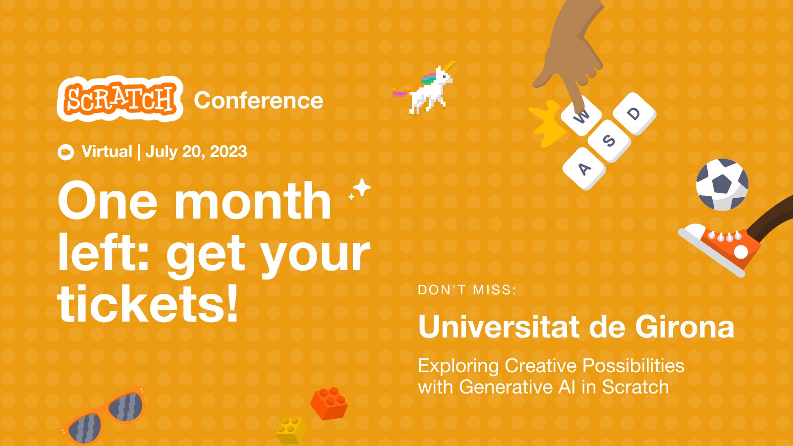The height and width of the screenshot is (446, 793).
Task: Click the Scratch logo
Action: pyautogui.click(x=120, y=99)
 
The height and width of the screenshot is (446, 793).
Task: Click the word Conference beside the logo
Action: pyautogui.click(x=258, y=101)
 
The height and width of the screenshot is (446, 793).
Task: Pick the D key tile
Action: pyautogui.click(x=634, y=113)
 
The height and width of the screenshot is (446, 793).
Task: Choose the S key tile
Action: pyautogui.click(x=609, y=140)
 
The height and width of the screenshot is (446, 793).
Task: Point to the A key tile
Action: pyautogui.click(x=584, y=168)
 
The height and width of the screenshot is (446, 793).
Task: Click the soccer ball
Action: pyautogui.click(x=722, y=184)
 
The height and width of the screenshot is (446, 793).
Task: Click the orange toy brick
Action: pyautogui.click(x=329, y=403)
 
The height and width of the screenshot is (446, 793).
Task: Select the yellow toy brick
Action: pyautogui.click(x=291, y=430)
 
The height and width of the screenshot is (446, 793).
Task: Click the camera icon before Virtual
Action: pyautogui.click(x=65, y=152)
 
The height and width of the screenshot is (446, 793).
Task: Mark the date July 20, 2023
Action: pyautogui.click(x=196, y=152)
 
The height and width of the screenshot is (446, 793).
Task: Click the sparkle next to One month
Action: pyautogui.click(x=360, y=189)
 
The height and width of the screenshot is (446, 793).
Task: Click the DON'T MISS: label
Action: pyautogui.click(x=467, y=290)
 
